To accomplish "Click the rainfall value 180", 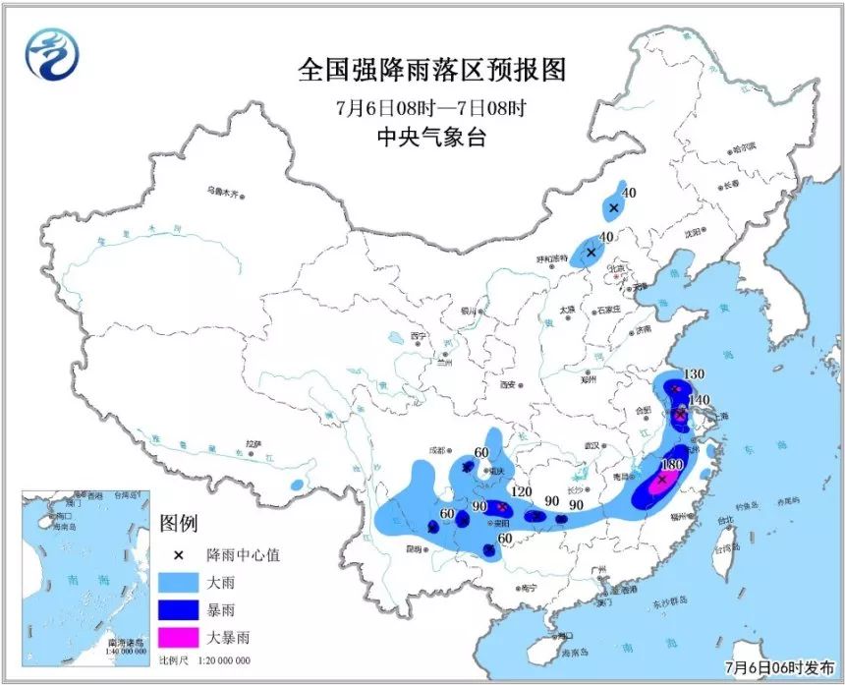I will point(673,464).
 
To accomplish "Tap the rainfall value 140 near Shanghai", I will point(699,399).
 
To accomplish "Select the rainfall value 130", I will point(694,374).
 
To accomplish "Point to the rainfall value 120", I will point(521,492).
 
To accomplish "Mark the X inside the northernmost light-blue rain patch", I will point(613,207).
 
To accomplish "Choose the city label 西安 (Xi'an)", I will point(509,385).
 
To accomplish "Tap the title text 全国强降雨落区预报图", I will point(432,71).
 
